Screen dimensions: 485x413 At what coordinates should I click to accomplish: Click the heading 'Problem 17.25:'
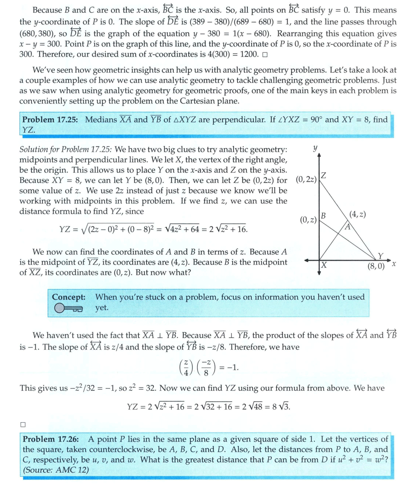(50, 120)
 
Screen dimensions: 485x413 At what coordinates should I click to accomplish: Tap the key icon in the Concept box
(68, 308)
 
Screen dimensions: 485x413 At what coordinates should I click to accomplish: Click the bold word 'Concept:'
(68, 297)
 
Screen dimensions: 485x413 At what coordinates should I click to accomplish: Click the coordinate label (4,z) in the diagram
(358, 214)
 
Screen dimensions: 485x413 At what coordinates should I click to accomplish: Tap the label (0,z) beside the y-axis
(308, 220)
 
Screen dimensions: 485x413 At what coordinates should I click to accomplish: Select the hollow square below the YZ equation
(23, 424)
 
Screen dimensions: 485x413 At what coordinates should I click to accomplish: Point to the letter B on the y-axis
(323, 215)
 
